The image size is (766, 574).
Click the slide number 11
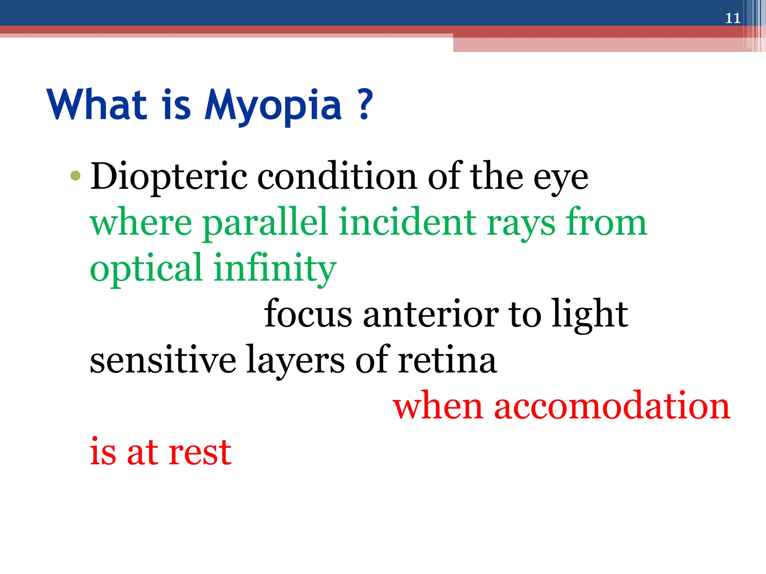[x=732, y=18]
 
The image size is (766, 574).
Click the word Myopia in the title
[x=273, y=106]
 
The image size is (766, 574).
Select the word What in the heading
[x=96, y=105]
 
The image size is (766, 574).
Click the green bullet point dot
[x=75, y=175]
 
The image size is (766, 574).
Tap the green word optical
[x=146, y=269]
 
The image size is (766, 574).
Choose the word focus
[x=308, y=314]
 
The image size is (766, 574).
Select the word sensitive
[x=163, y=360]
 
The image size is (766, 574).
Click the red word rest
[x=199, y=453]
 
